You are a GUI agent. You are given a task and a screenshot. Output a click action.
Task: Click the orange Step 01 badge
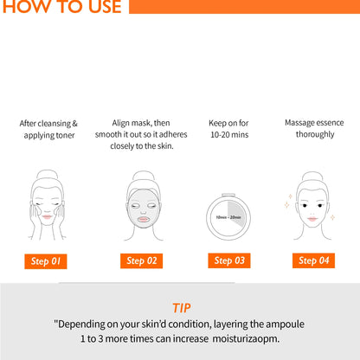coord(46,261)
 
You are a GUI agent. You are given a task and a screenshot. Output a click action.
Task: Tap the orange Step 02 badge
coord(141,260)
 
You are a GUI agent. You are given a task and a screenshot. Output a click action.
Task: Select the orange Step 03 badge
coord(229,260)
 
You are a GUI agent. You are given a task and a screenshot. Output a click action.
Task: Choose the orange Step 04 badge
coord(313,260)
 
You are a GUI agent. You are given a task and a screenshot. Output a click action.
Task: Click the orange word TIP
coord(182,308)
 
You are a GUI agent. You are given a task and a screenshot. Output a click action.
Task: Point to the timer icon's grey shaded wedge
coord(236,213)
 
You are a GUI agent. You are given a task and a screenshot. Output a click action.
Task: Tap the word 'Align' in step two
coord(120,123)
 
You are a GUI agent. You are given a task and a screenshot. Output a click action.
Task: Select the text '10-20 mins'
coord(229,135)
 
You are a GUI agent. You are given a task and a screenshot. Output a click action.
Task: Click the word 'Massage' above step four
coord(299,123)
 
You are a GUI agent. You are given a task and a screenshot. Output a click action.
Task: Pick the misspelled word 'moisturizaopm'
coord(246,338)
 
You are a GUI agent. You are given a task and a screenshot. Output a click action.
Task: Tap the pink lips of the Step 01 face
coord(47,216)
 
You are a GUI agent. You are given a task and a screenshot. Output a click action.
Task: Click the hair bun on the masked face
coord(144,176)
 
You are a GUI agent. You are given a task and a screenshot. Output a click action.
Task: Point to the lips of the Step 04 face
coord(312,219)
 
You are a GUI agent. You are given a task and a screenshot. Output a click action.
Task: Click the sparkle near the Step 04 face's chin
coord(332,217)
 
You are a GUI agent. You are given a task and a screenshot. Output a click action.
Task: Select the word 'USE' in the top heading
coord(105,6)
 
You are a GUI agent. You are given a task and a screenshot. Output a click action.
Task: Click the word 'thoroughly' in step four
coord(315,134)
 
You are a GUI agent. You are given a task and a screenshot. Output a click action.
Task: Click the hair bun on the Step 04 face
coord(312,177)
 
